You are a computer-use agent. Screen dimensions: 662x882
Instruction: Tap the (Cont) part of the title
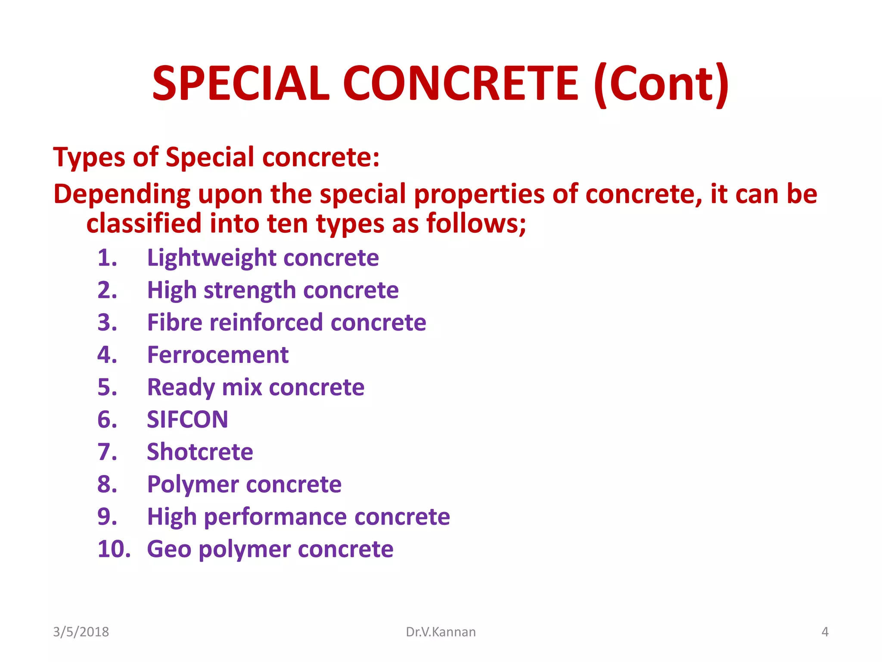pos(661,83)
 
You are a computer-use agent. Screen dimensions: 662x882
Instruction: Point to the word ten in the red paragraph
pos(287,224)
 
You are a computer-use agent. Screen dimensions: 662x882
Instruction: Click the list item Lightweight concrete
pos(263,258)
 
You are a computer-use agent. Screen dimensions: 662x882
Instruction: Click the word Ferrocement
pos(217,355)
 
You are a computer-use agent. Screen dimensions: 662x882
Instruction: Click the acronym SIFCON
pos(187,420)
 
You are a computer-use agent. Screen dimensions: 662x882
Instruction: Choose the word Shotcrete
pos(200,452)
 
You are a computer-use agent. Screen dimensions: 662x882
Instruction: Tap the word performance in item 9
pos(275,517)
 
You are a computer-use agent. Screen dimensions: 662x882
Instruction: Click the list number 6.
pos(107,420)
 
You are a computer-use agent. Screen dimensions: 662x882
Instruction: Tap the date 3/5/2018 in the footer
pos(81,632)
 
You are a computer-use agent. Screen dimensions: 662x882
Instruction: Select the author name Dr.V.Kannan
pos(441,632)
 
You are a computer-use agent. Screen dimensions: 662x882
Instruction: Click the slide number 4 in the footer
pos(825,632)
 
